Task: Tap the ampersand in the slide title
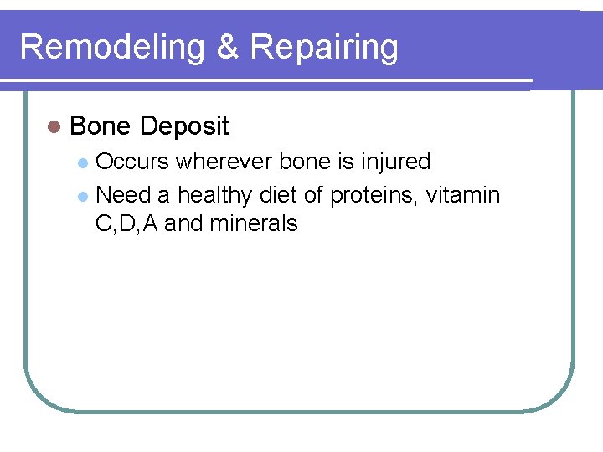pyautogui.click(x=227, y=48)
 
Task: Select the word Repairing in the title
pyautogui.click(x=323, y=48)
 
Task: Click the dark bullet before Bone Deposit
pyautogui.click(x=54, y=127)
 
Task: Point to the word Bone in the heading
pyautogui.click(x=100, y=126)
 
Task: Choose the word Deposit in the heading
pyautogui.click(x=184, y=126)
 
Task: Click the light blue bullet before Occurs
pyautogui.click(x=82, y=162)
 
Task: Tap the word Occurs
pyautogui.click(x=132, y=161)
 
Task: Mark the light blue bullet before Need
pyautogui.click(x=82, y=197)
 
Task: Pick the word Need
pyautogui.click(x=123, y=196)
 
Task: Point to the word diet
pyautogui.click(x=278, y=196)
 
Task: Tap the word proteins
pyautogui.click(x=374, y=196)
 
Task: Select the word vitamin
pyautogui.click(x=463, y=196)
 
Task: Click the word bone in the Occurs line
pyautogui.click(x=307, y=161)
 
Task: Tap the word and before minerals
pyautogui.click(x=184, y=223)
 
